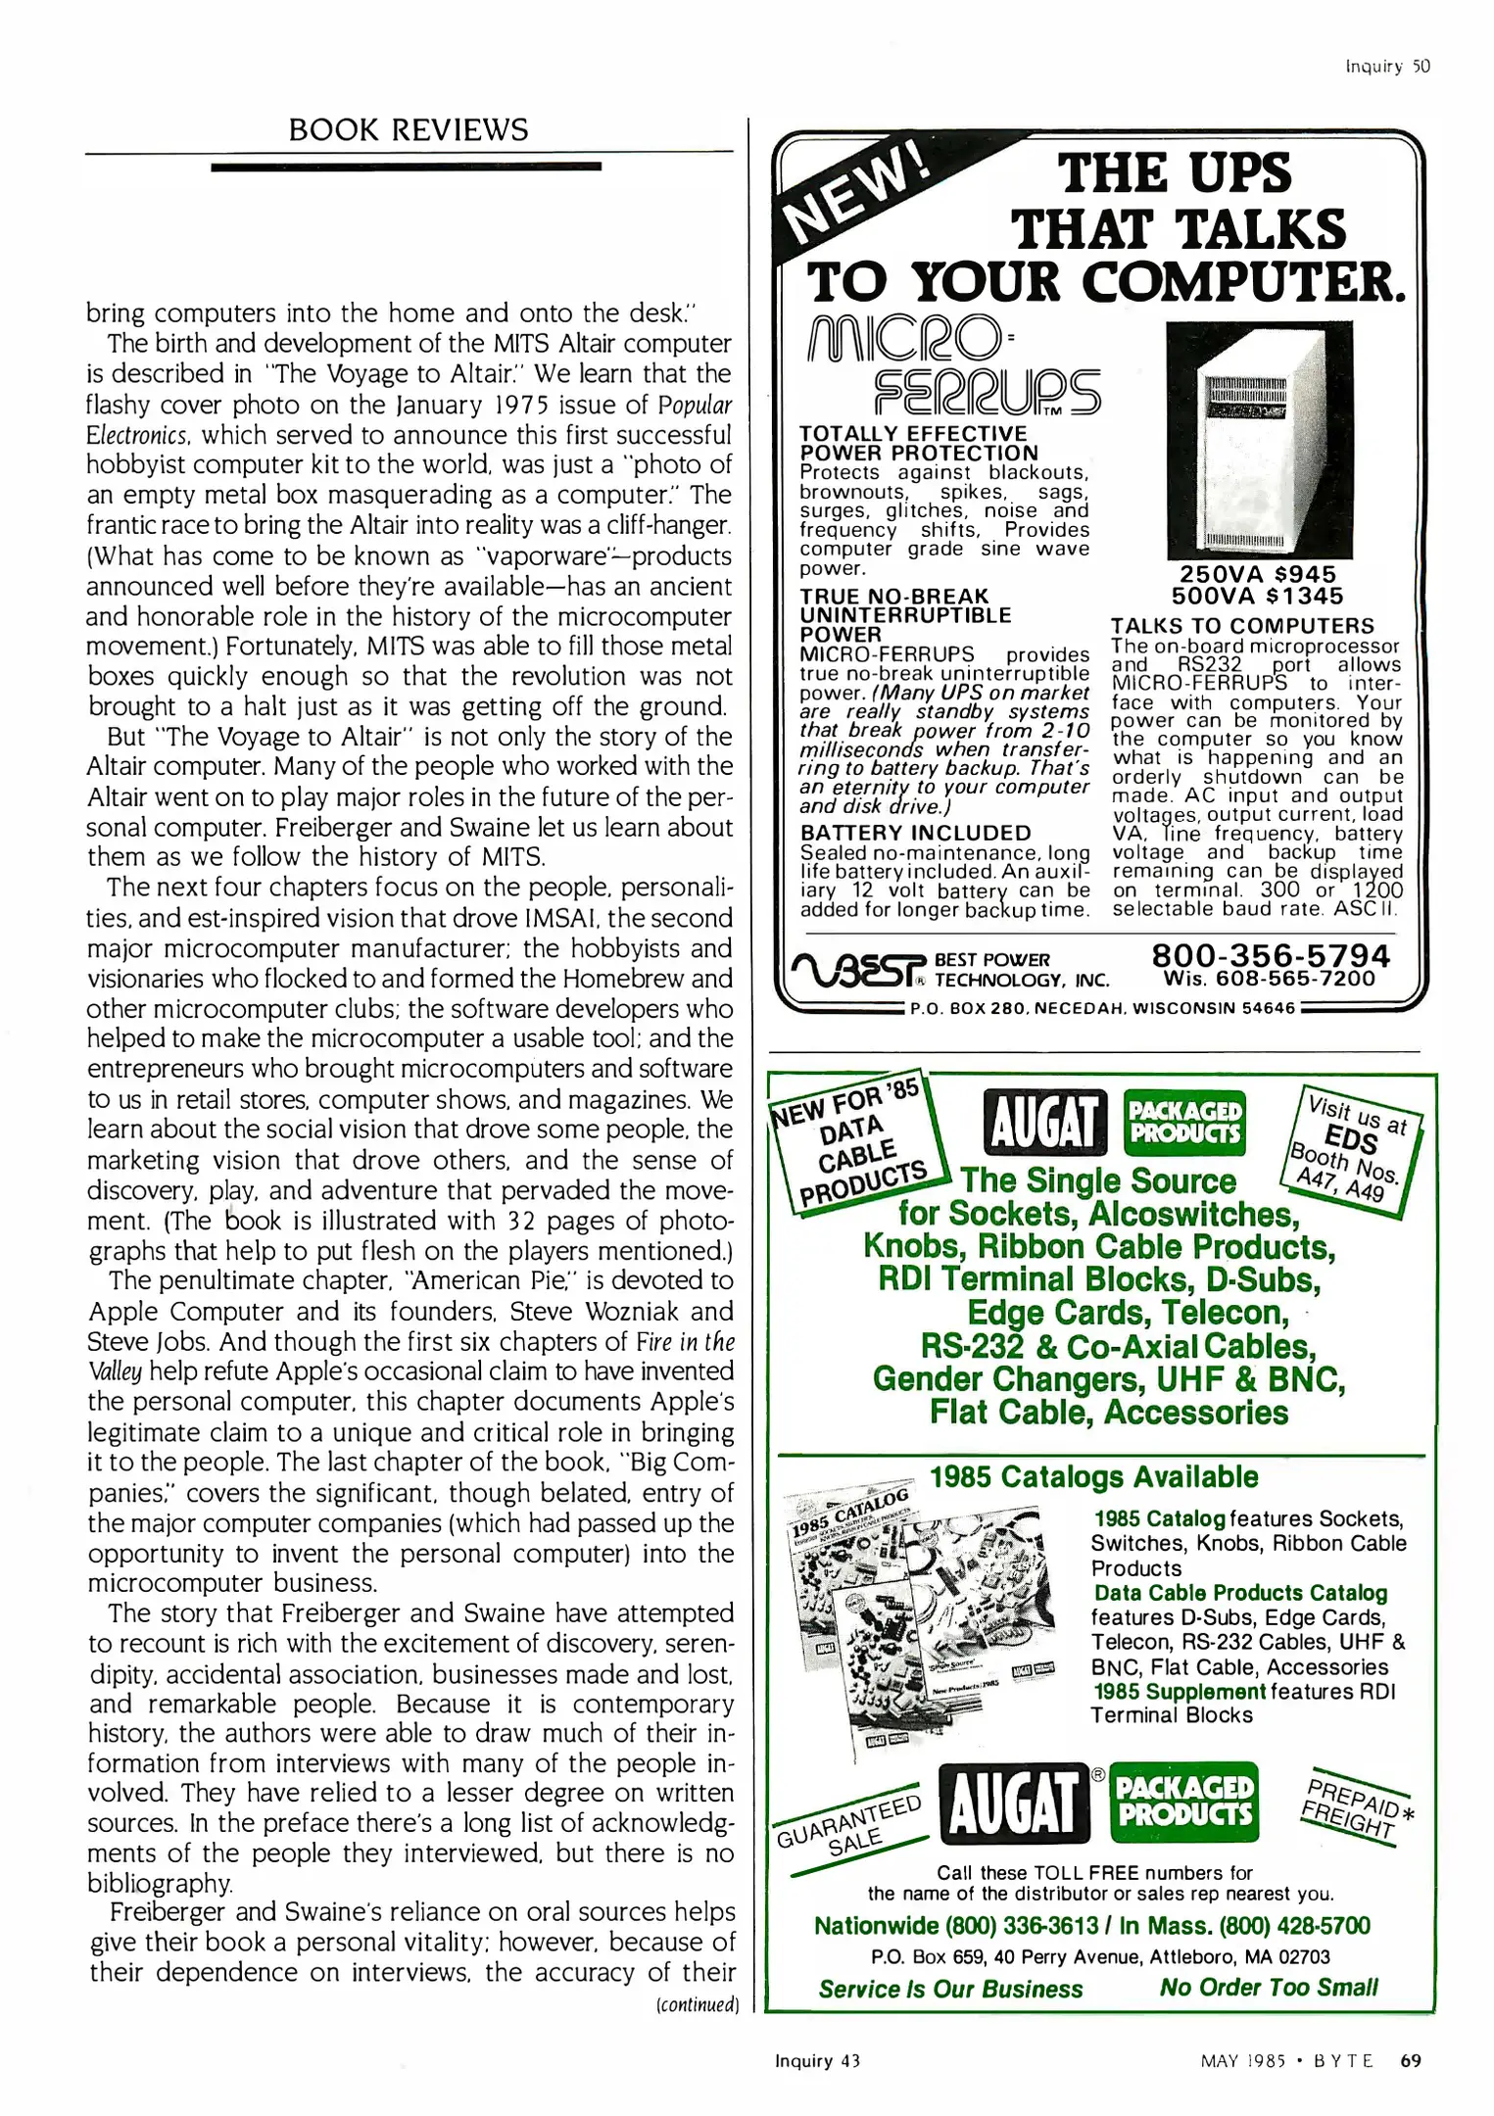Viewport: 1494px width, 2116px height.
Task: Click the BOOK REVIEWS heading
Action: [408, 129]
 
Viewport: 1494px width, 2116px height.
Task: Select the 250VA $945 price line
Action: [1257, 574]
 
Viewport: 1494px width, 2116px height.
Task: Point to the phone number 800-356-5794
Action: [1271, 955]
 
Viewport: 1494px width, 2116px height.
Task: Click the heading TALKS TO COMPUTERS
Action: [1242, 626]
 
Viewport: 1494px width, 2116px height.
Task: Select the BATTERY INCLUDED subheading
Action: [916, 833]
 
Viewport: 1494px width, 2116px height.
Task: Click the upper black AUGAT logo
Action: [1044, 1122]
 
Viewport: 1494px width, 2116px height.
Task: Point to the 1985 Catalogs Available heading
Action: [1093, 1477]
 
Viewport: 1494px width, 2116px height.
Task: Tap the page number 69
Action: [1411, 2060]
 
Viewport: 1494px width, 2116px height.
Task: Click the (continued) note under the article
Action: [697, 2003]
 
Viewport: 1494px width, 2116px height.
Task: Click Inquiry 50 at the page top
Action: [1387, 66]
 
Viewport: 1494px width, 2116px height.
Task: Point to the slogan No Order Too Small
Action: [1268, 1987]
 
